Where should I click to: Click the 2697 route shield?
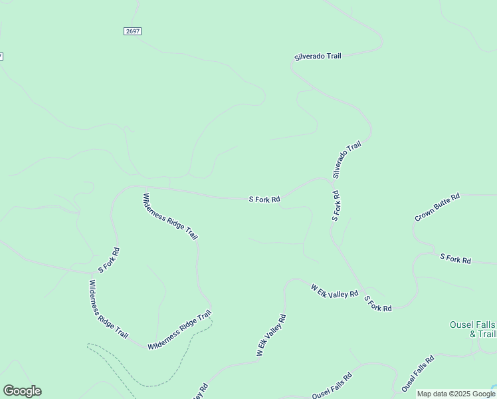point(132,31)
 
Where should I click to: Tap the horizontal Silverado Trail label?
point(318,57)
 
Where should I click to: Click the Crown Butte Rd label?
point(437,207)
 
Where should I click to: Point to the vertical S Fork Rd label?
point(336,206)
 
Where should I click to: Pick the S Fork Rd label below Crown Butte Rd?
point(455,259)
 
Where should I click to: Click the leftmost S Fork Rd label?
point(109,261)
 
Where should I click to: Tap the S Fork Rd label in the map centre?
point(264,199)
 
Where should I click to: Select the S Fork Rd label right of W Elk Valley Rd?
point(378,305)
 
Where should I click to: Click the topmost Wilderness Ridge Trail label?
point(171,217)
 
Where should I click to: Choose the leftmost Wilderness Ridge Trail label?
point(108,309)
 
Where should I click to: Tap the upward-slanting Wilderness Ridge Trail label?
point(179,331)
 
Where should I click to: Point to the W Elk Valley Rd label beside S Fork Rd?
point(334,291)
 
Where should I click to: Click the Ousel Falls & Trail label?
point(472,329)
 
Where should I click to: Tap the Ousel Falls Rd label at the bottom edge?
point(332,386)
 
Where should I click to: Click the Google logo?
point(22,391)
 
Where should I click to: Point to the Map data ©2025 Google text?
point(455,394)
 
